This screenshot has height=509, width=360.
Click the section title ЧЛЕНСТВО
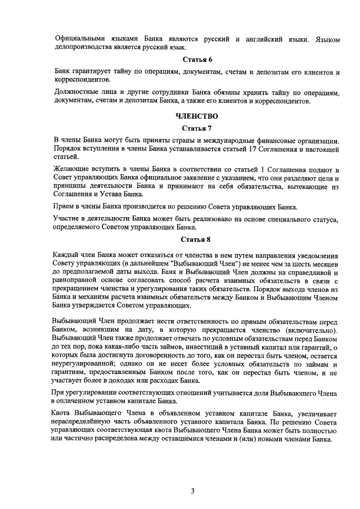[196, 116]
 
